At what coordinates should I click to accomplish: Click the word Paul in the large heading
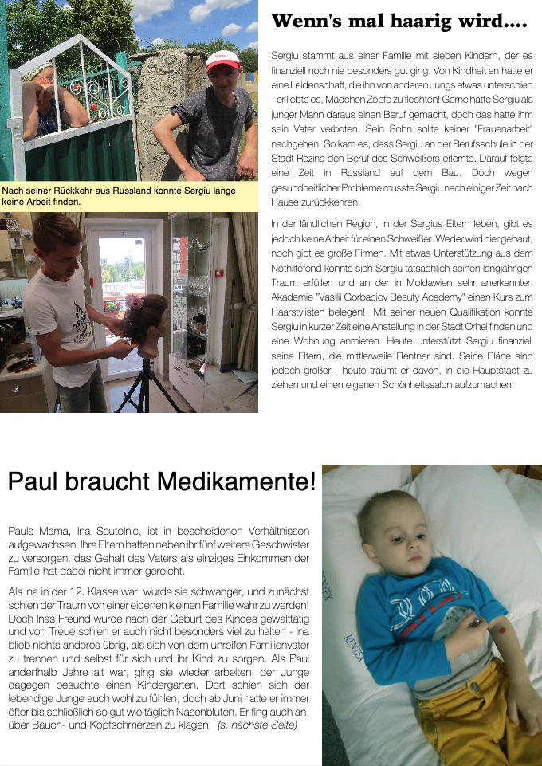coord(33,481)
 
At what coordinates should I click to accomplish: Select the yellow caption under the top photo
coord(129,196)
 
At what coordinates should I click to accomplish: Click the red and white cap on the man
coord(222,61)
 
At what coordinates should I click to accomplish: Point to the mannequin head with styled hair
coord(145,324)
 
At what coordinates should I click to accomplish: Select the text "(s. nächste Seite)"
coord(258,725)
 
